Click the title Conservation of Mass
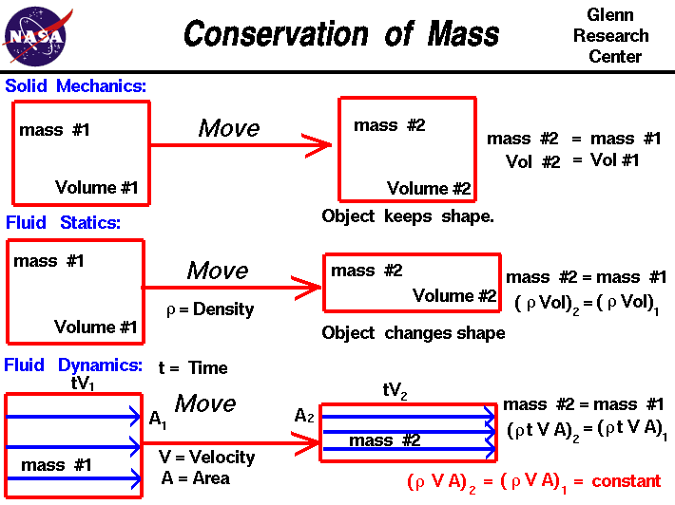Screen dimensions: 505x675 [341, 35]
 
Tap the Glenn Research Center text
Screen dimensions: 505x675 [616, 36]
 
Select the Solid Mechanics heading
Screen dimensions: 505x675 [76, 86]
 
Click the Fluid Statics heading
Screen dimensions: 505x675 [63, 224]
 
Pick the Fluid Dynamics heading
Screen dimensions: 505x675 [73, 365]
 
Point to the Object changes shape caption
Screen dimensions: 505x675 [414, 333]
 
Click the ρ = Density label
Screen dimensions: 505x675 [210, 309]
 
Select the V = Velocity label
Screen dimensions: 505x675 [207, 457]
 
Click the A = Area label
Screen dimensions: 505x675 [195, 477]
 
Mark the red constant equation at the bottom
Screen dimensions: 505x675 [533, 481]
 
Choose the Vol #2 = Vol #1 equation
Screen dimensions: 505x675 [573, 160]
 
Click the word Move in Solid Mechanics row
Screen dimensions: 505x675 [229, 128]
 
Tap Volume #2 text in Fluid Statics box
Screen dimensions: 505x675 [454, 296]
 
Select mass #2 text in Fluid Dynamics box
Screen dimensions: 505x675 [384, 440]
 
